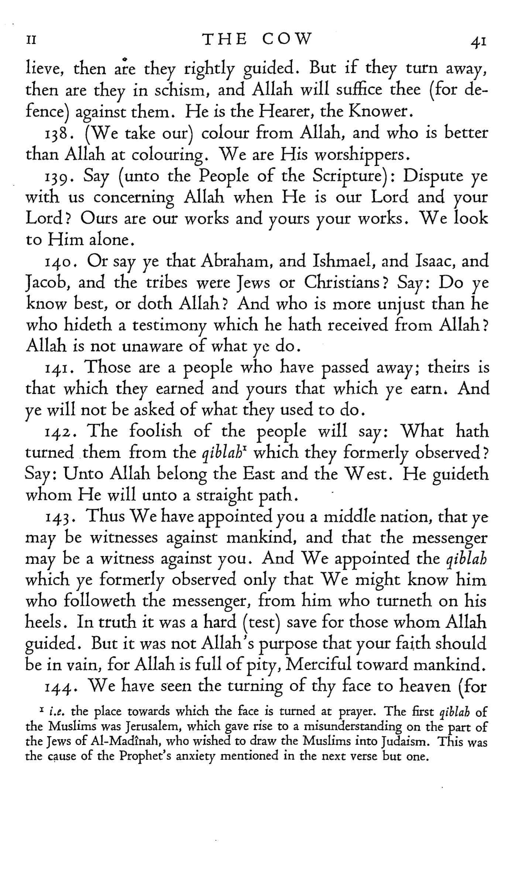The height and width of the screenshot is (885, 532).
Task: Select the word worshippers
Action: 359,154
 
